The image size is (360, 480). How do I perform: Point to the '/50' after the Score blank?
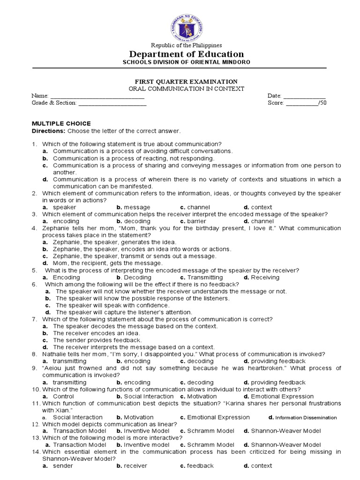click(322, 103)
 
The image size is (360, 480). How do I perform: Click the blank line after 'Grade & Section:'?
click(114, 103)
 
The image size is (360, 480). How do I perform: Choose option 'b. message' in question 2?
click(134, 207)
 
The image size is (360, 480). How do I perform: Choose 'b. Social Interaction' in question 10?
click(138, 397)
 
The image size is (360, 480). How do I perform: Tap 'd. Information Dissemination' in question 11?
click(302, 417)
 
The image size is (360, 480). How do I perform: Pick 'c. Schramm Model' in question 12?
click(207, 431)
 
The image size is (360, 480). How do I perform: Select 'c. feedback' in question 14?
click(197, 466)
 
